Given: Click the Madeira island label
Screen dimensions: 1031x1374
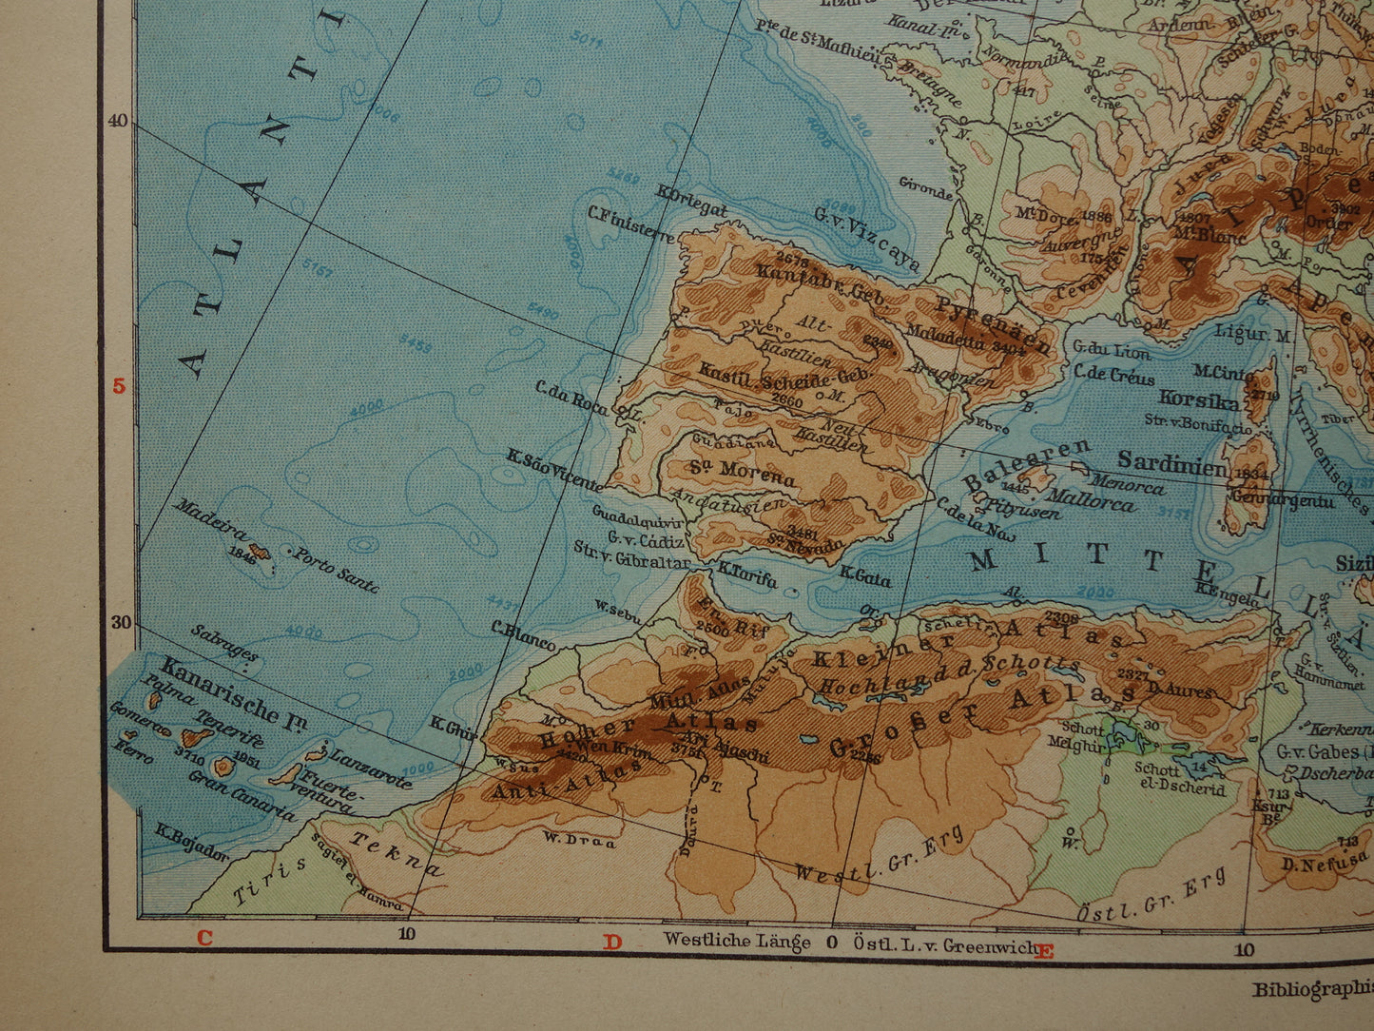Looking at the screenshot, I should (x=210, y=519).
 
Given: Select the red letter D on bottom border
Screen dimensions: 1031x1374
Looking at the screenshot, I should (x=611, y=942).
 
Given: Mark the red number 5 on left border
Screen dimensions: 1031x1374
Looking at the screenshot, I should (x=119, y=386).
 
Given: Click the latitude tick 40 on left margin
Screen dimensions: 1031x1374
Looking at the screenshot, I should (x=117, y=122).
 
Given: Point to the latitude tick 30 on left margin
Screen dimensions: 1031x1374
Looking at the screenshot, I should (x=119, y=622).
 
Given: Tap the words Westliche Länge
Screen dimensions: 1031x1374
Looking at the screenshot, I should (x=737, y=941).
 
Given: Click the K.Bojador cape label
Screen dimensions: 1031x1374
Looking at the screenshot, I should (x=193, y=842).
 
